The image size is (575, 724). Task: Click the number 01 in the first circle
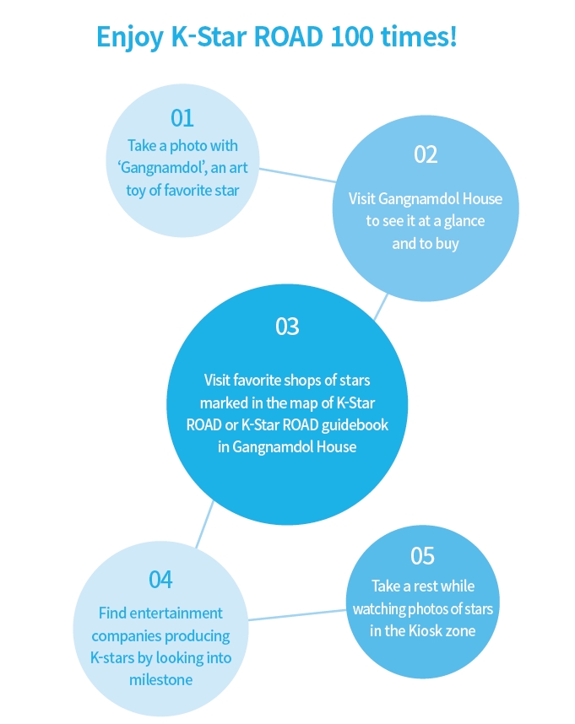pyautogui.click(x=182, y=118)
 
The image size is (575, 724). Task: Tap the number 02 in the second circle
pyautogui.click(x=426, y=154)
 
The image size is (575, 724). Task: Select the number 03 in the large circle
pyautogui.click(x=287, y=327)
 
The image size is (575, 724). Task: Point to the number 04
pyautogui.click(x=160, y=580)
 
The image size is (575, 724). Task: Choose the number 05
pyautogui.click(x=422, y=556)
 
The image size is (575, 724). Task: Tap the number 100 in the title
pyautogui.click(x=352, y=36)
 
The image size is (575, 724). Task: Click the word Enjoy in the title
pyautogui.click(x=130, y=38)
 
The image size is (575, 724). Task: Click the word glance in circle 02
pyautogui.click(x=464, y=222)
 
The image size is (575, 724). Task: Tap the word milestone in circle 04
pyautogui.click(x=160, y=679)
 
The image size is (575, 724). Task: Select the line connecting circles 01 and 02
pyautogui.click(x=297, y=176)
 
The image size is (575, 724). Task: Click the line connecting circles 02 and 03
pyautogui.click(x=381, y=306)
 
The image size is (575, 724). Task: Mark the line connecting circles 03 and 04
pyautogui.click(x=205, y=524)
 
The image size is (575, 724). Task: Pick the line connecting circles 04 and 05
pyautogui.click(x=297, y=614)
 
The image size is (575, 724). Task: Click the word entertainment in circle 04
pyautogui.click(x=176, y=613)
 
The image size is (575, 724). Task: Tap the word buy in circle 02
pyautogui.click(x=447, y=244)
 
